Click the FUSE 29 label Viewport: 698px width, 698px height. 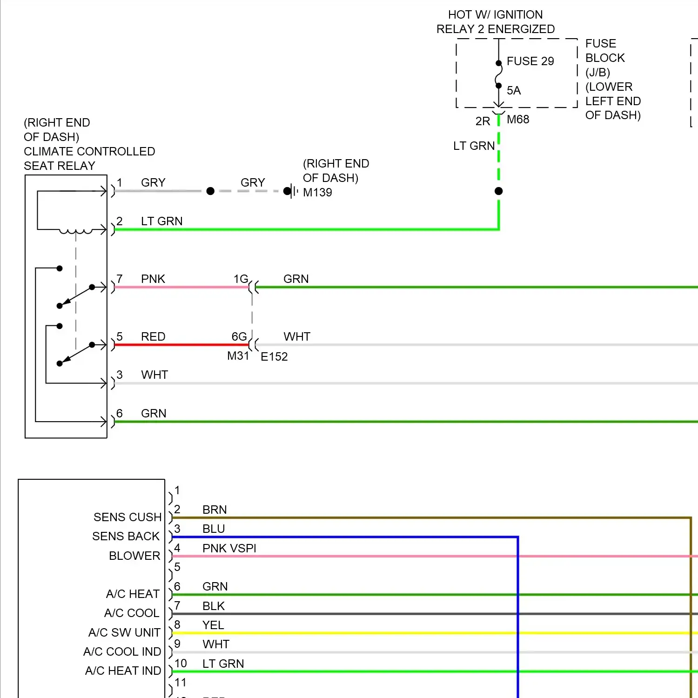530,61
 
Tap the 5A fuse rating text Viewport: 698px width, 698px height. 514,91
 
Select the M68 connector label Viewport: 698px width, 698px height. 518,120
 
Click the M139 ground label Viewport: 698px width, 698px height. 317,193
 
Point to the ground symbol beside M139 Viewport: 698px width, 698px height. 293,191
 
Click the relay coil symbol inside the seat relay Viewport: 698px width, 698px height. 75,231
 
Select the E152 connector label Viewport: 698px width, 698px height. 274,357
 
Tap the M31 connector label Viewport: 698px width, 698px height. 238,356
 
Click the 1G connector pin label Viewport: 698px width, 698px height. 241,279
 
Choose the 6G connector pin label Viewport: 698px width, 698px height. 239,337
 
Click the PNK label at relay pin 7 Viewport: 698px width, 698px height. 153,279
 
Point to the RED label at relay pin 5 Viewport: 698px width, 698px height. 153,337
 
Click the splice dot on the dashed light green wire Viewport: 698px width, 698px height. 499,191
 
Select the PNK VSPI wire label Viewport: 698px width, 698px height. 229,549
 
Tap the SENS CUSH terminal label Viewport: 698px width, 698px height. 128,517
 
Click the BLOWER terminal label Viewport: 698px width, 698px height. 134,556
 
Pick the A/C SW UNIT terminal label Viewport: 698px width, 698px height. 124,633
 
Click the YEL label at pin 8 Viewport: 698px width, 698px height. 213,625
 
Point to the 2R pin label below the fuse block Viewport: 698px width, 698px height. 483,121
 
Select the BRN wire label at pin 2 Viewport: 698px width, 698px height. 215,510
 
